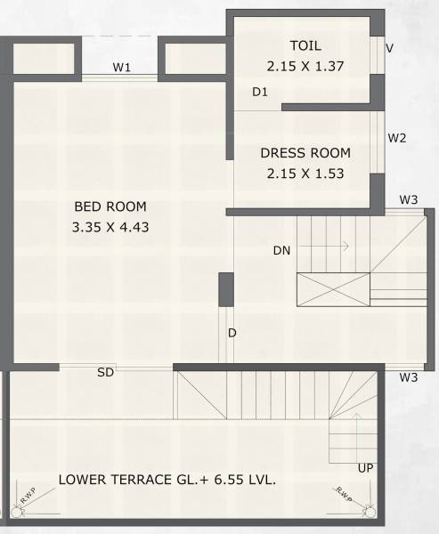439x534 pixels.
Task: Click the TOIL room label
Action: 305,45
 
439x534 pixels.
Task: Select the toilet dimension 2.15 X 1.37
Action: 305,66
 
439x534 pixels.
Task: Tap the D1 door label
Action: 260,92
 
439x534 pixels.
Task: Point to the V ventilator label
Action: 390,48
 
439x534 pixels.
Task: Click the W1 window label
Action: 122,68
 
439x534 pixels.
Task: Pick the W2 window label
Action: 397,138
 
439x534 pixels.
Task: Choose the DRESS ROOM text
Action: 305,153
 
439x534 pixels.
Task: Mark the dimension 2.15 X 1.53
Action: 305,174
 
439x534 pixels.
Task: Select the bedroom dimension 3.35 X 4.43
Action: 110,227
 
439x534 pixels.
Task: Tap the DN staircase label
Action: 282,251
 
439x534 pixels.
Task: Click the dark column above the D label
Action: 226,291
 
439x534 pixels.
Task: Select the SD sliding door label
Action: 105,373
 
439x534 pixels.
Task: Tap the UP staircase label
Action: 365,468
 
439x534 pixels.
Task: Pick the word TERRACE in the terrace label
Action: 138,480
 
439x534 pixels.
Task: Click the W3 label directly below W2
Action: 408,199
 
